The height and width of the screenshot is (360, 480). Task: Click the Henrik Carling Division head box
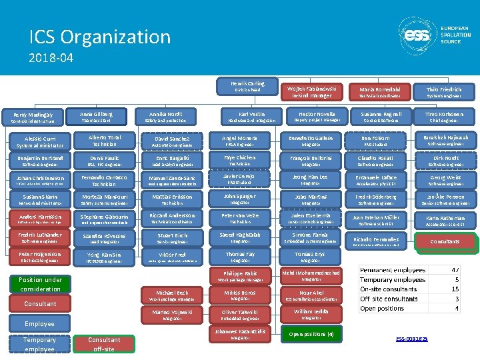pyautogui.click(x=247, y=87)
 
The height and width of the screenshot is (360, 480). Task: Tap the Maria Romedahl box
pyautogui.click(x=379, y=92)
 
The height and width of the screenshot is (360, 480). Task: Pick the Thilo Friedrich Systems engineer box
pyautogui.click(x=444, y=92)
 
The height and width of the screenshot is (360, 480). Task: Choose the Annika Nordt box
pyautogui.click(x=165, y=116)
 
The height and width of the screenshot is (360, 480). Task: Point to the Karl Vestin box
pyautogui.click(x=247, y=116)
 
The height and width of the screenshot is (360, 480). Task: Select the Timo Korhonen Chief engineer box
pyautogui.click(x=444, y=116)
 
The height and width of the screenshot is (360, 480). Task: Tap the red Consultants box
pyautogui.click(x=444, y=241)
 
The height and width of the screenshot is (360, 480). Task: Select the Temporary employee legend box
pyautogui.click(x=40, y=344)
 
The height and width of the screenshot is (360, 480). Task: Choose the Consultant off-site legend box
pyautogui.click(x=105, y=344)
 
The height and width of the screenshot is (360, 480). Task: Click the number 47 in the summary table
pyautogui.click(x=456, y=270)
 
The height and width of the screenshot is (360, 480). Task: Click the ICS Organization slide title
pyautogui.click(x=100, y=37)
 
